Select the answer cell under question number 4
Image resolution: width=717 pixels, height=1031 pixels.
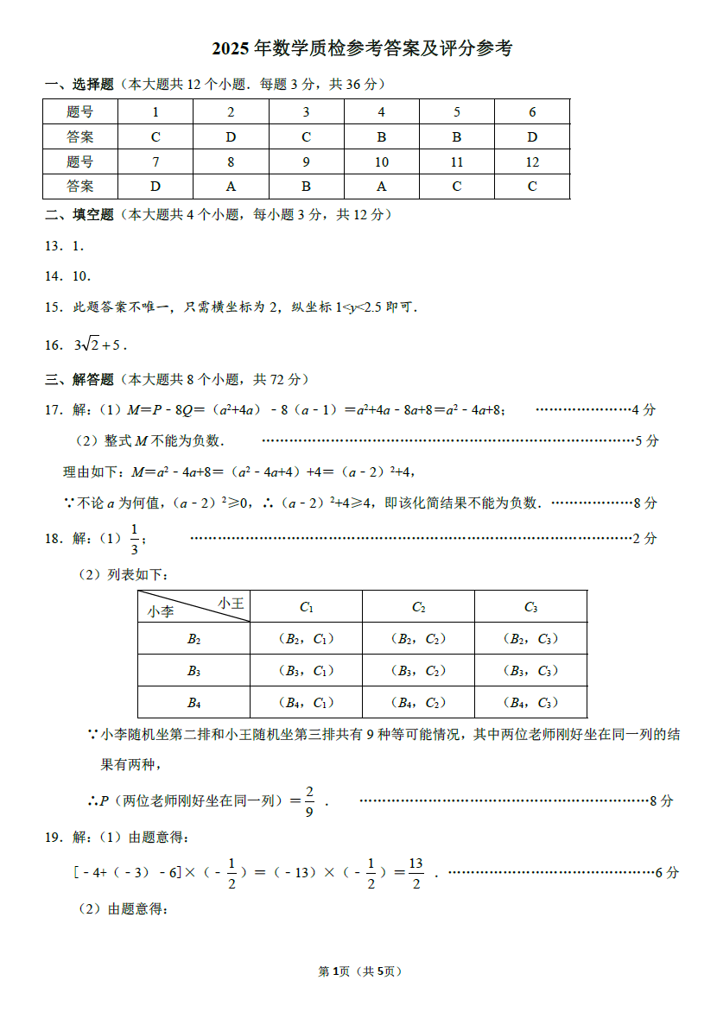click(x=381, y=136)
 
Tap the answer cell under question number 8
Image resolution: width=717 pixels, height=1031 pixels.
click(x=231, y=187)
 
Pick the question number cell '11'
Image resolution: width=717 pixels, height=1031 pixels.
click(x=456, y=161)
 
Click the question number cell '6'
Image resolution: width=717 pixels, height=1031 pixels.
click(x=532, y=112)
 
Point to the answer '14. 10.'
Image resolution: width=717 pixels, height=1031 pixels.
click(x=68, y=276)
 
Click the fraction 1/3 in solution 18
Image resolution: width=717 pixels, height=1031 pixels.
click(x=135, y=539)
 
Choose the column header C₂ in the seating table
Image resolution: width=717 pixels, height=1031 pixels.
click(x=418, y=607)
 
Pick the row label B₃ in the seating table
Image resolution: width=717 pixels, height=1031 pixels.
click(x=194, y=671)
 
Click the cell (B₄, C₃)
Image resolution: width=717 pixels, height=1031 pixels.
click(x=530, y=702)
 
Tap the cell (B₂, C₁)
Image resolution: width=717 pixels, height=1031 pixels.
click(x=306, y=639)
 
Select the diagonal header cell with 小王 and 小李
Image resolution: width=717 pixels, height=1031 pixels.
click(x=194, y=607)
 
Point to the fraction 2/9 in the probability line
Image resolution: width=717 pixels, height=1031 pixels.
click(x=309, y=800)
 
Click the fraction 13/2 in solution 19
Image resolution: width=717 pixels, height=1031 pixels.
click(x=416, y=872)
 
